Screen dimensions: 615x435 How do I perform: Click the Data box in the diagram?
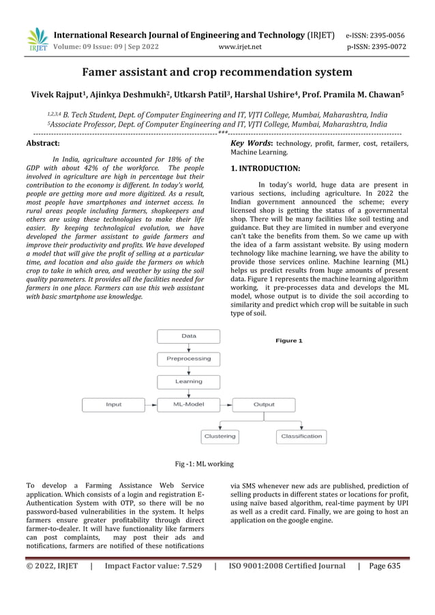[189, 336]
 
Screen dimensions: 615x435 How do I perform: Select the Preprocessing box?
[189, 359]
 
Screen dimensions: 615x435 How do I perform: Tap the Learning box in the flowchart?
[189, 382]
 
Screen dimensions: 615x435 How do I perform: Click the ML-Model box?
[189, 405]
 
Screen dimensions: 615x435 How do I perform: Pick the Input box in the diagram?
[114, 405]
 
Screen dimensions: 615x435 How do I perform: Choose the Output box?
[264, 405]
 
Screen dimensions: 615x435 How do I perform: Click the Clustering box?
[220, 436]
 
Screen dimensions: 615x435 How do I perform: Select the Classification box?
[301, 436]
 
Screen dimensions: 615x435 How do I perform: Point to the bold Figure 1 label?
[289, 340]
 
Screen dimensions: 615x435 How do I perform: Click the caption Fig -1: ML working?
[205, 464]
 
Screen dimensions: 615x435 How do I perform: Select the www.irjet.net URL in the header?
[240, 47]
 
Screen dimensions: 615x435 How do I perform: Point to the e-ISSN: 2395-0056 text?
[375, 35]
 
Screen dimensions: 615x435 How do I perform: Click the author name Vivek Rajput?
[59, 93]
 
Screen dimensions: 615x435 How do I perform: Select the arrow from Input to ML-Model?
[151, 405]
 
